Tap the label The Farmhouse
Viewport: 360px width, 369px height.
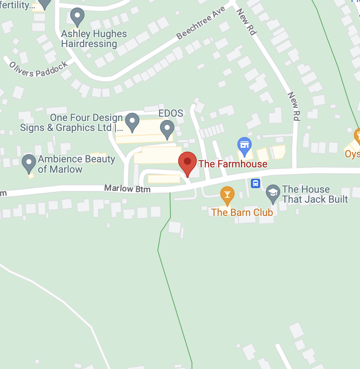click(x=233, y=164)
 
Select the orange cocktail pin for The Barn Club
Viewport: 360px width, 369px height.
click(x=227, y=195)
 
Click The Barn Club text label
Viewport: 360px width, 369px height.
click(x=242, y=212)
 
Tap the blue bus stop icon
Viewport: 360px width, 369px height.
click(x=256, y=183)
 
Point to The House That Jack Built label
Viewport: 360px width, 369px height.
click(x=315, y=194)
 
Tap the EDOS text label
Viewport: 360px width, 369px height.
click(x=171, y=113)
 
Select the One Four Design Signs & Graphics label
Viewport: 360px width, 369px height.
click(x=71, y=123)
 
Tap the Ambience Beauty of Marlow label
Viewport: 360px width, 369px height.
click(x=76, y=164)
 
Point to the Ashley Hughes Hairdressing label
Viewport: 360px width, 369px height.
click(x=94, y=39)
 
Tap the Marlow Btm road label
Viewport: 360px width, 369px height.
click(x=127, y=188)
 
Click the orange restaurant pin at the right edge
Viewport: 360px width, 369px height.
click(x=357, y=136)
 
